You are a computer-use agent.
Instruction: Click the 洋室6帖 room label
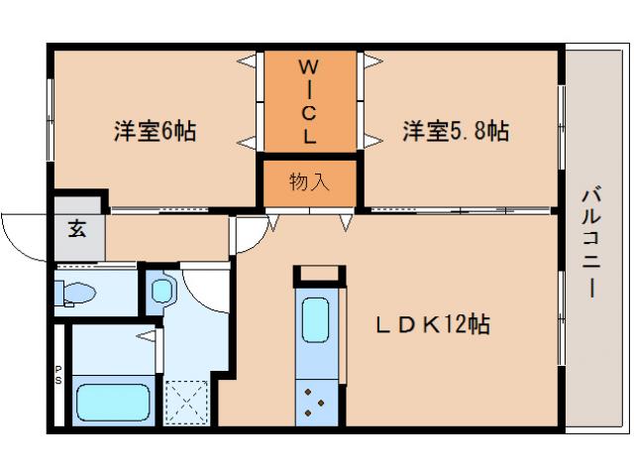(x=154, y=130)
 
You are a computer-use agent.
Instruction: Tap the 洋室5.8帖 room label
(x=455, y=130)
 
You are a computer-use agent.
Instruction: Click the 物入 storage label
(x=308, y=181)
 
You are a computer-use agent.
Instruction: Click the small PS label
(x=57, y=378)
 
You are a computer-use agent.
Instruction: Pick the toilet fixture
(x=76, y=294)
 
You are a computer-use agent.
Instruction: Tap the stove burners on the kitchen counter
(x=318, y=400)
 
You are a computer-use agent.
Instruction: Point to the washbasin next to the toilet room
(x=161, y=291)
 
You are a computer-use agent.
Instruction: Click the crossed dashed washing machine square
(x=185, y=403)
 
